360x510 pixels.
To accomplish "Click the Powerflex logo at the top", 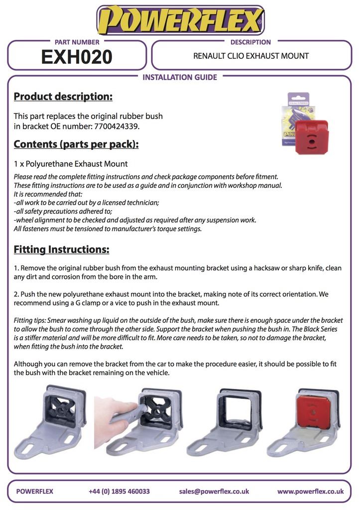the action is (180, 20).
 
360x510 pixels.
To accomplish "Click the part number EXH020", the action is (77, 57).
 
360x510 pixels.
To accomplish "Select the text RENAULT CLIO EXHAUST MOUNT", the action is (251, 56).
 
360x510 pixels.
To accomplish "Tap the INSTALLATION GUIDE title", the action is (180, 77).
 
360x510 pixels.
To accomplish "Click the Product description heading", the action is (63, 97).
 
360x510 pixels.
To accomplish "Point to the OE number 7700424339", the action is (117, 126).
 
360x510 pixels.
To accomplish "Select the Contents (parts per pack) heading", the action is (76, 144).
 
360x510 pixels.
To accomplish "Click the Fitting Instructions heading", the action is (61, 250).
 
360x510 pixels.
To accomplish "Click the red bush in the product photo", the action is (312, 137).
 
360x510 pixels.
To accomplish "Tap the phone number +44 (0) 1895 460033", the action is (119, 491).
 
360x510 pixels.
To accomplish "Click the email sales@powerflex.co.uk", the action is (214, 491).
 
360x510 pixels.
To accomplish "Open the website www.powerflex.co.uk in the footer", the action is (310, 491).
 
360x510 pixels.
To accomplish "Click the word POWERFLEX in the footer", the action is (34, 491).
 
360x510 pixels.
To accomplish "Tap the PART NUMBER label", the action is (77, 42).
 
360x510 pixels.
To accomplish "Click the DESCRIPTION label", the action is (250, 42).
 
